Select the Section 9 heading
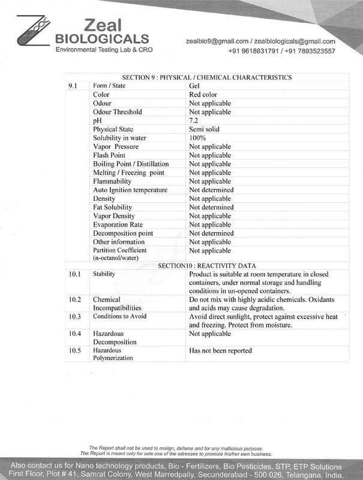tap(207, 77)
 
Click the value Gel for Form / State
tap(194, 86)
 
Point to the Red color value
tap(203, 95)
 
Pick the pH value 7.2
tap(194, 121)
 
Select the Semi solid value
tap(204, 129)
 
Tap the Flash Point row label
tap(110, 155)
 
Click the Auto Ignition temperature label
tap(130, 190)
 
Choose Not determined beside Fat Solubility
tap(211, 207)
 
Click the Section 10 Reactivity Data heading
tap(207, 265)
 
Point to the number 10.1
tap(74, 274)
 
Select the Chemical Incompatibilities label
tap(117, 304)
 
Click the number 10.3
tap(74, 316)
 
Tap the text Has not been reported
tap(220, 350)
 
